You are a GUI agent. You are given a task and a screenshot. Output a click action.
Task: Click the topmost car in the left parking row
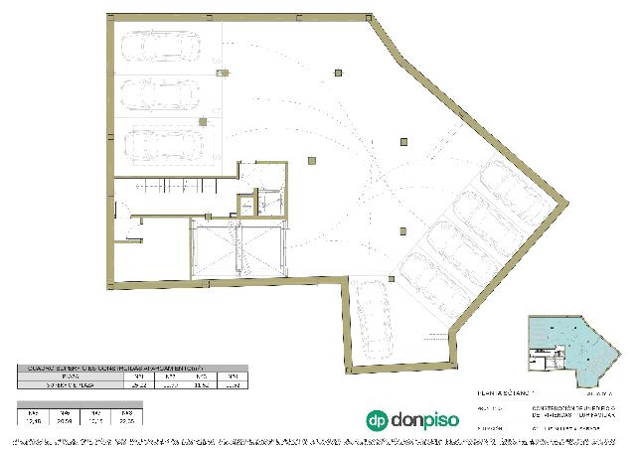(159, 46)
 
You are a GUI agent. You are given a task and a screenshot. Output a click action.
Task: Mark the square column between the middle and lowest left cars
(203, 121)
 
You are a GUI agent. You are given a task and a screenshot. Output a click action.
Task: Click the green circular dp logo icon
(377, 420)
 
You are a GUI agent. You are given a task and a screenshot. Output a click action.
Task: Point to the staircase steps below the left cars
(169, 185)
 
